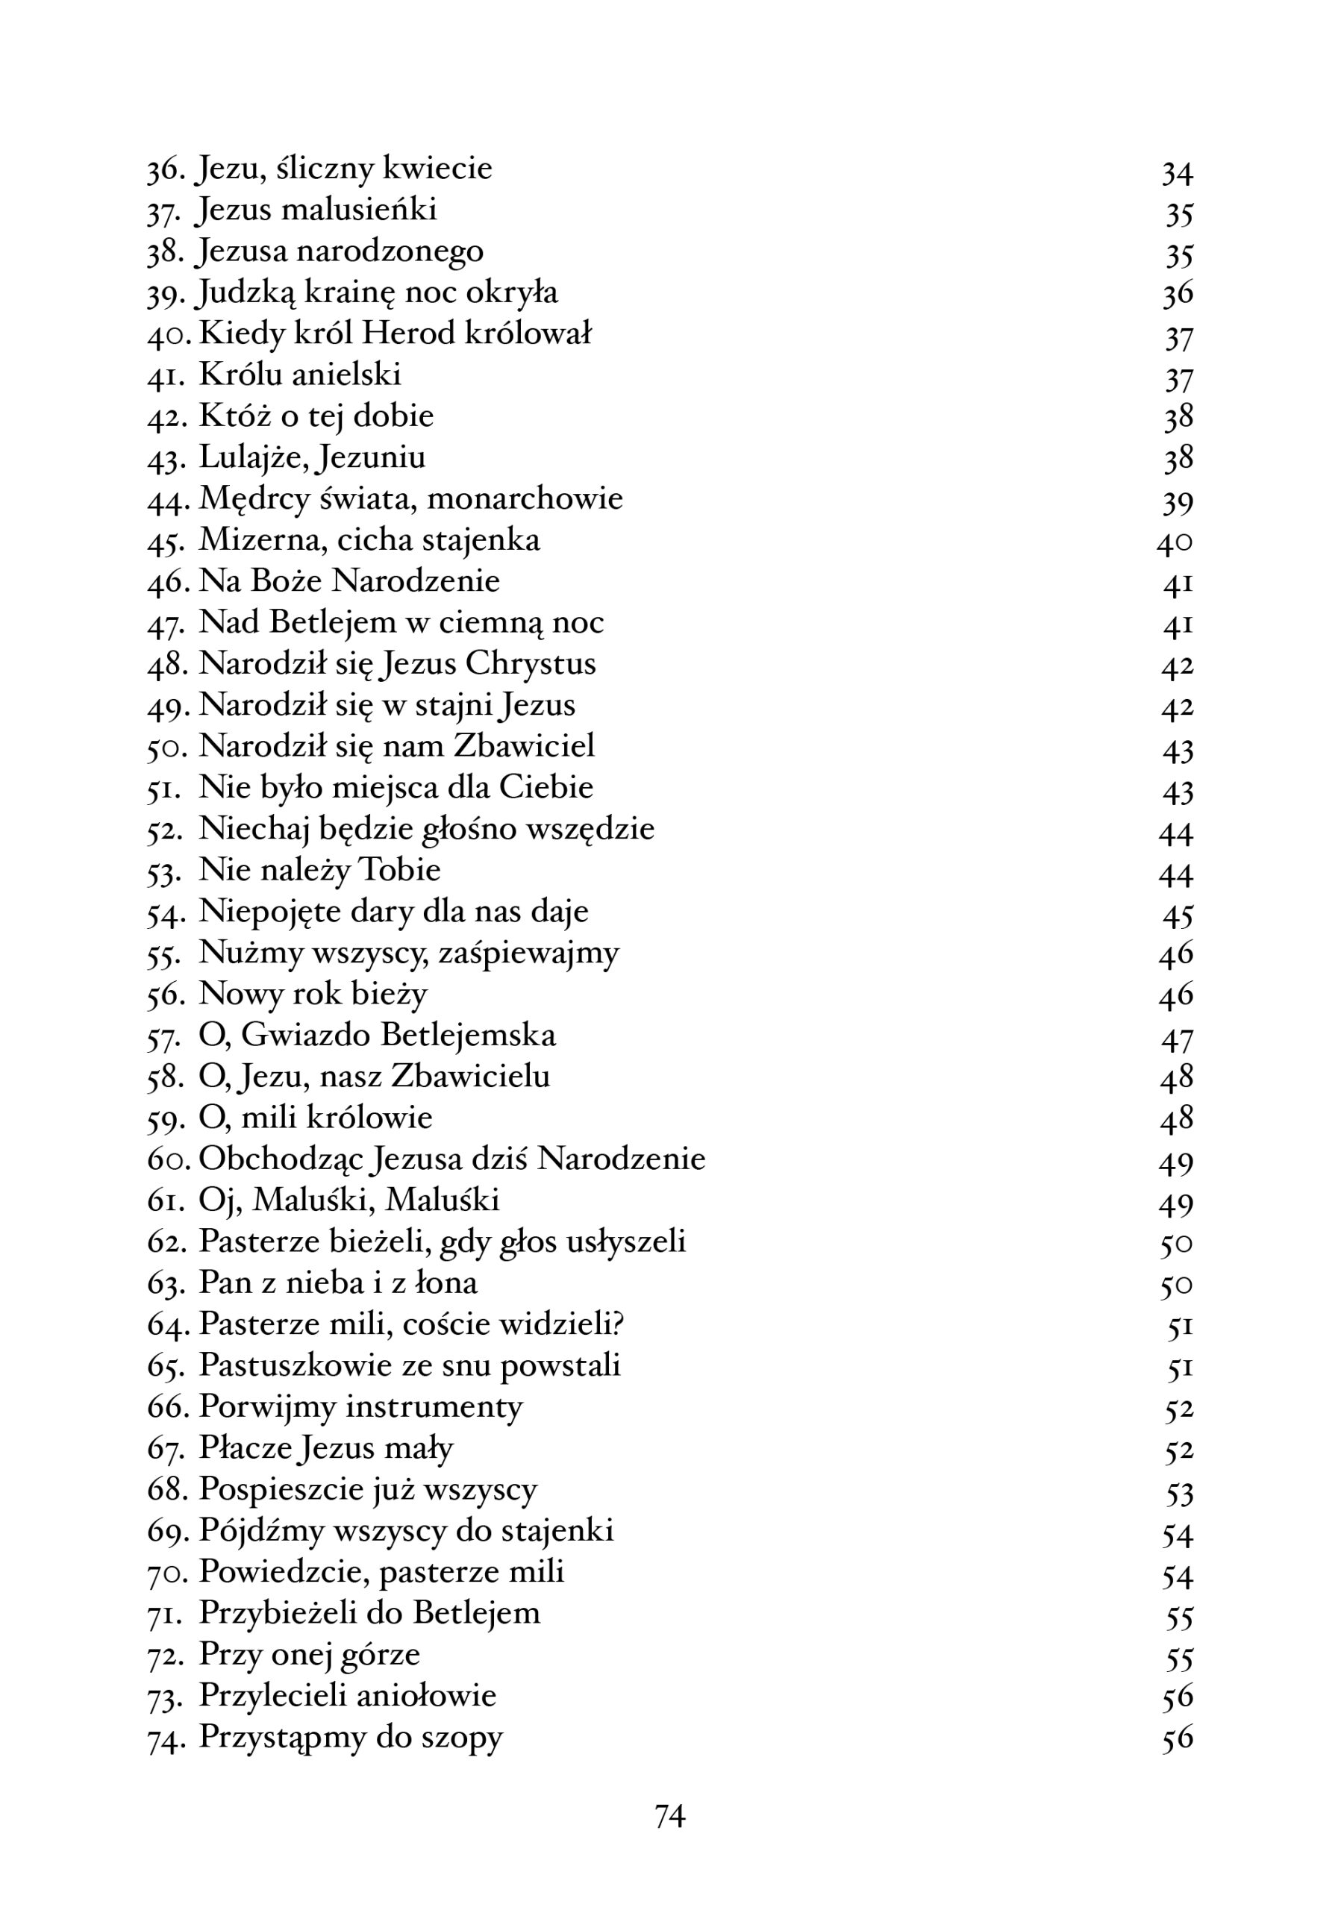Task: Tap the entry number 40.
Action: [x=169, y=335]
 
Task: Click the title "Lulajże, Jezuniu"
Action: [x=312, y=458]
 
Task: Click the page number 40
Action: [x=1174, y=544]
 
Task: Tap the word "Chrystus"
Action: [x=531, y=665]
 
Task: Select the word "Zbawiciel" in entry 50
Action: [x=524, y=746]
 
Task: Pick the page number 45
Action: [x=1177, y=916]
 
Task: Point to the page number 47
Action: [x=1176, y=1040]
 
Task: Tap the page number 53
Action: [x=1179, y=1494]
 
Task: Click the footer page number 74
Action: [x=669, y=1816]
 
